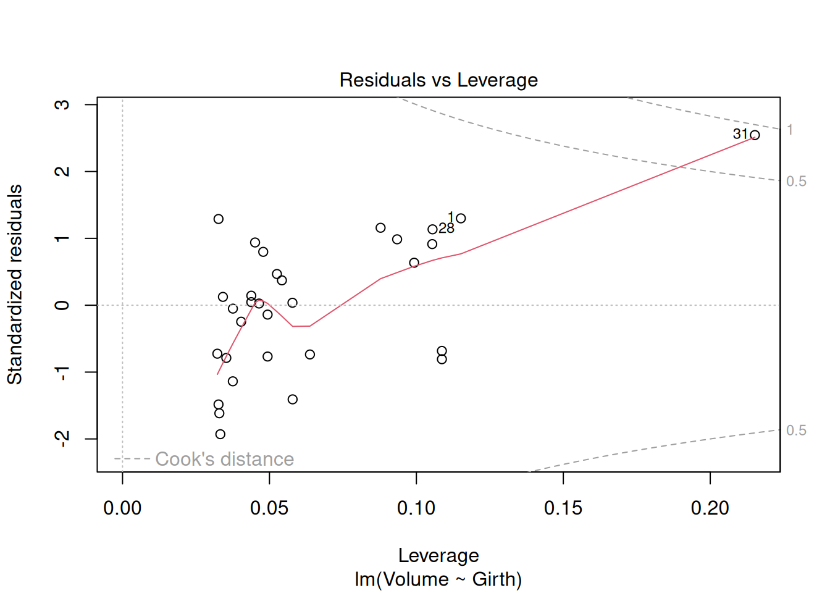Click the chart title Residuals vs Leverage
(x=438, y=80)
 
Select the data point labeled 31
(x=755, y=135)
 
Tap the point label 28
(x=446, y=229)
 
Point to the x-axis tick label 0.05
(x=269, y=508)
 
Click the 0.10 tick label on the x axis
(x=416, y=508)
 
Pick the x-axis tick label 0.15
(x=563, y=508)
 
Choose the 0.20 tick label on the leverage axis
(x=710, y=508)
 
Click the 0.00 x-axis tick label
(x=122, y=508)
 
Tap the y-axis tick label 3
(x=62, y=104)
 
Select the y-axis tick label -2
(x=62, y=439)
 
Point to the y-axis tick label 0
(x=62, y=305)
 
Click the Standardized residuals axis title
(x=15, y=284)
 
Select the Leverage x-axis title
(x=438, y=555)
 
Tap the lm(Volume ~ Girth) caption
(x=438, y=579)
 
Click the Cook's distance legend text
(x=224, y=459)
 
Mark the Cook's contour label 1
(x=790, y=130)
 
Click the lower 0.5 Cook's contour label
(x=796, y=430)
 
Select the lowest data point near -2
(x=220, y=434)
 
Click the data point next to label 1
(x=461, y=218)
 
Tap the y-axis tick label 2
(x=62, y=171)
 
